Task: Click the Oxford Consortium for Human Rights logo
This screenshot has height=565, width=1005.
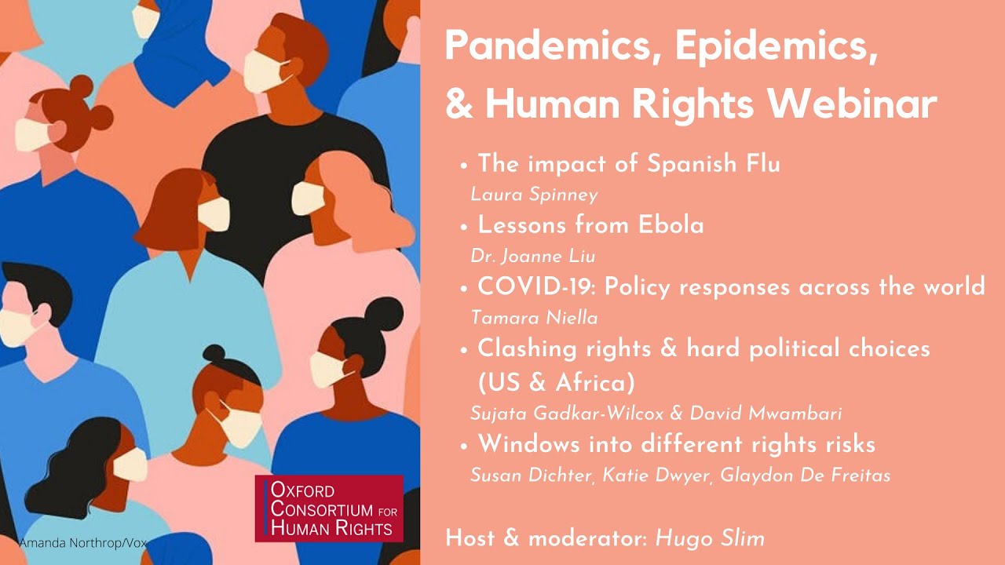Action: click(329, 508)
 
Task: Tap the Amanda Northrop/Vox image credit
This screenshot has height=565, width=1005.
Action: click(82, 543)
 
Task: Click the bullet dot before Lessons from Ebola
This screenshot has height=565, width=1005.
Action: click(464, 227)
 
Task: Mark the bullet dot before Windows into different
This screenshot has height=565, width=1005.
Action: click(464, 445)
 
